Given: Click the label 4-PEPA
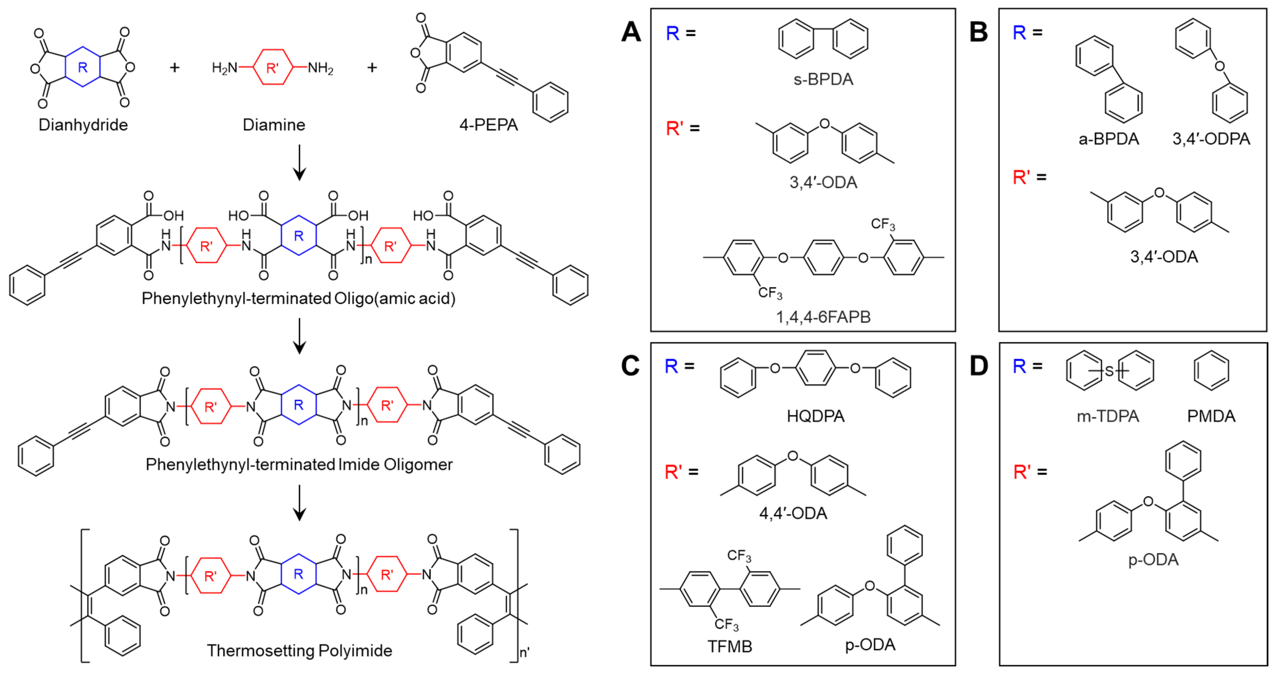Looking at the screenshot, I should [x=488, y=125].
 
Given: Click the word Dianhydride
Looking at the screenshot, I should [x=83, y=125].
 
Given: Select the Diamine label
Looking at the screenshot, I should [x=274, y=125].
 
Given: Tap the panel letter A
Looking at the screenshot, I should [x=631, y=32].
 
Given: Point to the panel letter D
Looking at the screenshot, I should [x=978, y=367].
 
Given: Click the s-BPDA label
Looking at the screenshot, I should [x=823, y=79].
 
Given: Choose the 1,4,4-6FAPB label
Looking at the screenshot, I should [x=823, y=317].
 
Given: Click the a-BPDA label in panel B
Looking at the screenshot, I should [x=1108, y=139].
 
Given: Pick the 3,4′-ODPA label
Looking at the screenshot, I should [x=1211, y=139].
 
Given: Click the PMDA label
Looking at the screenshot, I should [x=1211, y=416].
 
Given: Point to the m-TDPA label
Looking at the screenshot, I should [x=1108, y=416].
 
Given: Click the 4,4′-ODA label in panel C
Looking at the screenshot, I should [x=793, y=513].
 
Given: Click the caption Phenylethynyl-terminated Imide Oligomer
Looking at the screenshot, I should [x=299, y=465].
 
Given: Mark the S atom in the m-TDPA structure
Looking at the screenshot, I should [x=1109, y=370].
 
